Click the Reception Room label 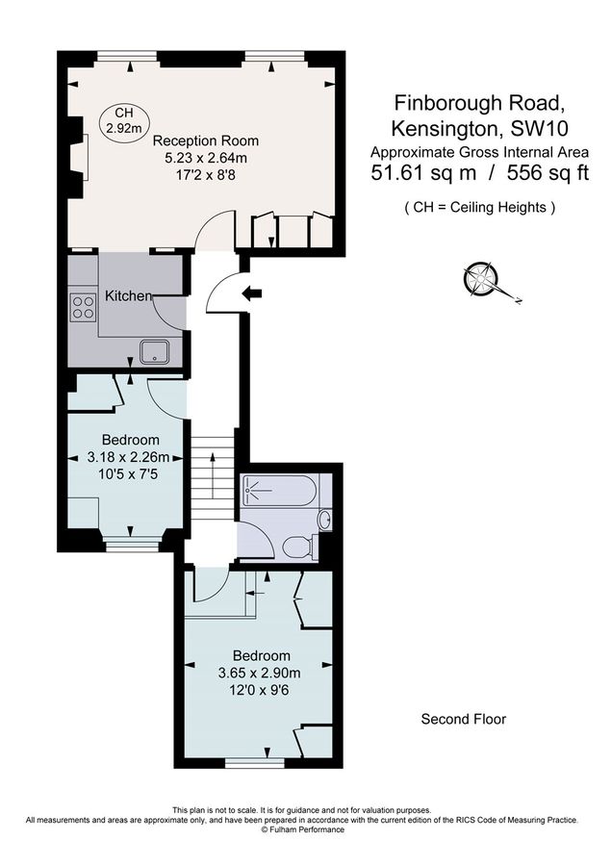(206, 140)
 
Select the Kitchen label (128, 296)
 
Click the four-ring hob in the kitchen (84, 308)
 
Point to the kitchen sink (154, 352)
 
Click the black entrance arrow (252, 294)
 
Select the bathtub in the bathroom (280, 490)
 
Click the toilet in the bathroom (300, 547)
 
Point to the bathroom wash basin (326, 520)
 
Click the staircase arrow (213, 475)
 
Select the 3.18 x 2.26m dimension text (128, 457)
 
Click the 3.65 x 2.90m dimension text (260, 674)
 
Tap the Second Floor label (464, 719)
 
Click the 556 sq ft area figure (548, 173)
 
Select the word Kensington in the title (446, 129)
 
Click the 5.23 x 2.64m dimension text (206, 159)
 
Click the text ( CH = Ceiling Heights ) (479, 208)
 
